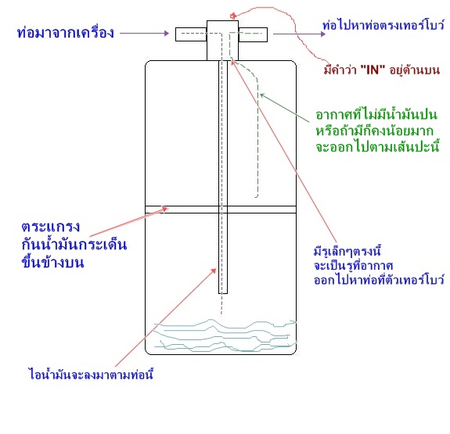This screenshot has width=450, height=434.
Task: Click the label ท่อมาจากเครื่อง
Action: tap(66, 32)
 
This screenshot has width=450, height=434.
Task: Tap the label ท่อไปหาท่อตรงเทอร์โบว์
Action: tap(383, 25)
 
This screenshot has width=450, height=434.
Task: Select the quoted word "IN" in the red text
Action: tap(373, 70)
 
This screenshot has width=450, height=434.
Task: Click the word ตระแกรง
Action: tap(51, 227)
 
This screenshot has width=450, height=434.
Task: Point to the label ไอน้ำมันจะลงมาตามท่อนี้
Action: tap(91, 374)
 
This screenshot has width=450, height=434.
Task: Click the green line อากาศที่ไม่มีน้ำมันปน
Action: tap(376, 114)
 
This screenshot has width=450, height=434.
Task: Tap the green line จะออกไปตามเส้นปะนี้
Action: tap(378, 147)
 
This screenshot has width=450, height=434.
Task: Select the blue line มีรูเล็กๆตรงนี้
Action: tap(347, 252)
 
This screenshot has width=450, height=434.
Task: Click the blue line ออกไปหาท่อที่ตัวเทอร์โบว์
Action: tap(379, 279)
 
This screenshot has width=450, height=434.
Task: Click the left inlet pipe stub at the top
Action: tap(191, 34)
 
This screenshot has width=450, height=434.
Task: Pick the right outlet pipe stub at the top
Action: tap(253, 34)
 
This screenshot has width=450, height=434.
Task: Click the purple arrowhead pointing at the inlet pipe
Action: tap(166, 34)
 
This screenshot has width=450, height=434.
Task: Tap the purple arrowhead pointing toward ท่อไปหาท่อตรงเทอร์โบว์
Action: tap(323, 34)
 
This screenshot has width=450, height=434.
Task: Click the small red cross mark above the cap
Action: tap(233, 16)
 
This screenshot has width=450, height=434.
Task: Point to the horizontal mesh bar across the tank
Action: tap(221, 210)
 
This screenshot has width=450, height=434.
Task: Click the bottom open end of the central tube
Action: tap(223, 293)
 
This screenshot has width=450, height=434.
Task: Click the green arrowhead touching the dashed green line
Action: tap(262, 95)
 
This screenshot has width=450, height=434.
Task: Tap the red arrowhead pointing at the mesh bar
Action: tap(165, 209)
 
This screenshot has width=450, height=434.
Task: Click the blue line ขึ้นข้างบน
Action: tap(52, 262)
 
